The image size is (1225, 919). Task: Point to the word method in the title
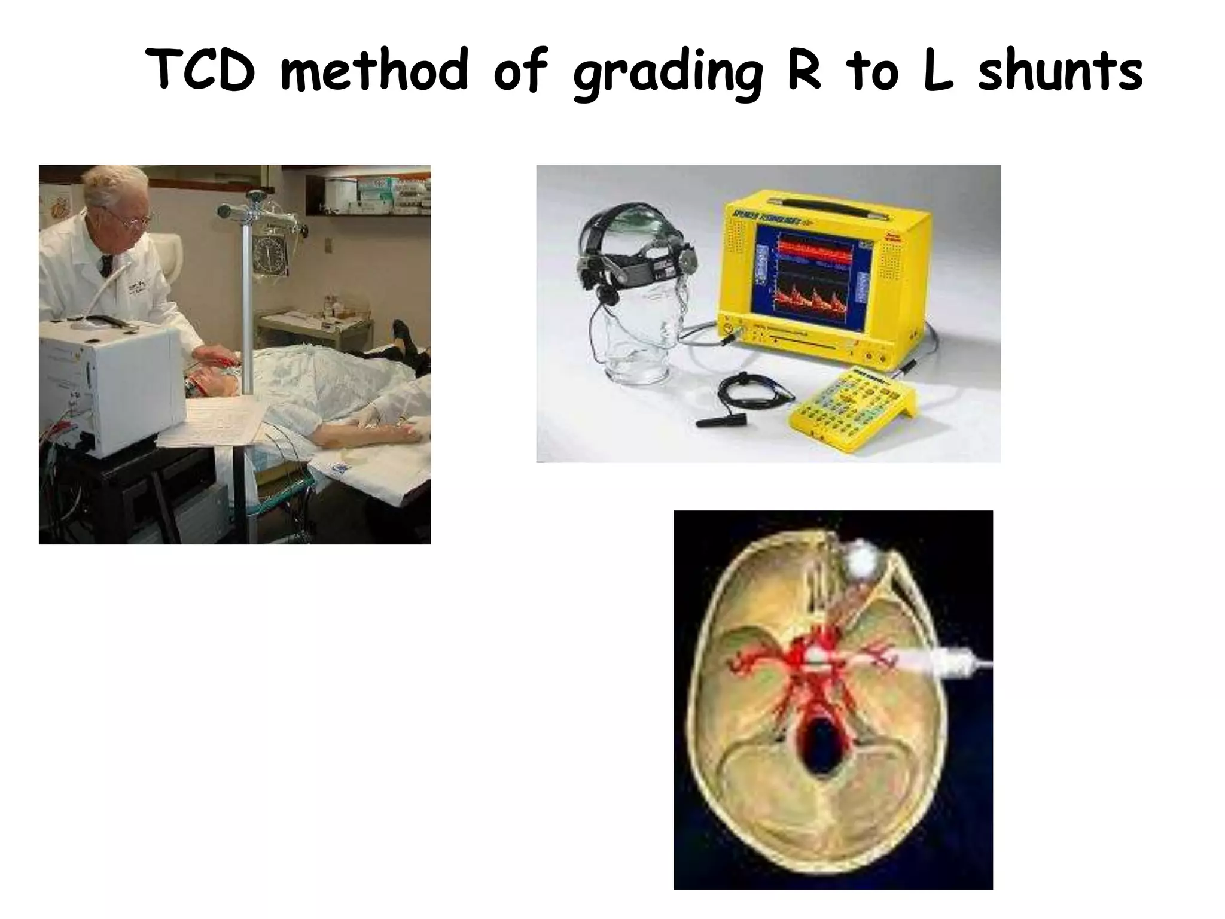tap(374, 71)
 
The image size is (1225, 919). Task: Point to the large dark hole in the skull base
tap(816, 751)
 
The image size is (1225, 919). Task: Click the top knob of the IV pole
tap(257, 196)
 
